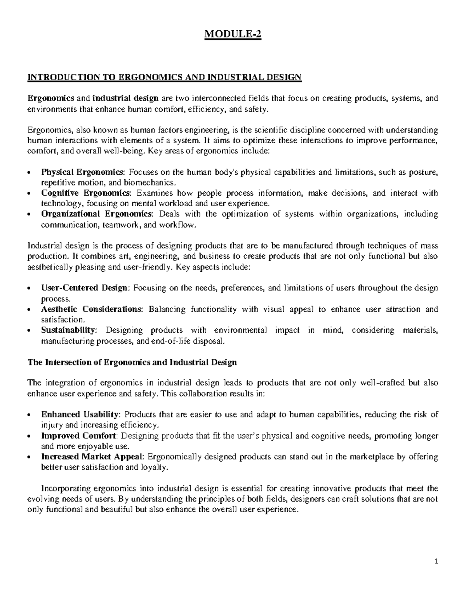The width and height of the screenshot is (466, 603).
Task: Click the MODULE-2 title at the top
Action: (233, 35)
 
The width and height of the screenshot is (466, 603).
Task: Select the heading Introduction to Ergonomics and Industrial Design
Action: (164, 77)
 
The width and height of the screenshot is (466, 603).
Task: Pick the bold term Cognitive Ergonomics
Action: (85, 193)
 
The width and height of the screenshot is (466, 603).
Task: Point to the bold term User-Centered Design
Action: (84, 288)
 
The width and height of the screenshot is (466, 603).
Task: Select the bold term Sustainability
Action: (68, 330)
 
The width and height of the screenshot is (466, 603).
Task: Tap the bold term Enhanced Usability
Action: (81, 414)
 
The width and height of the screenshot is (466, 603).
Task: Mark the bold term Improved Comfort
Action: (79, 436)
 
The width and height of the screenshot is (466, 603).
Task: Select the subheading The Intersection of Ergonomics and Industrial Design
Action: (132, 363)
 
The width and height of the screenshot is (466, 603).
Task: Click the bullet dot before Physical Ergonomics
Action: (30, 173)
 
